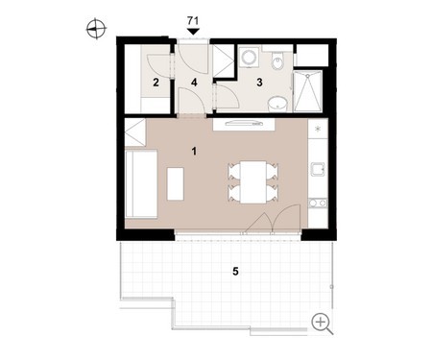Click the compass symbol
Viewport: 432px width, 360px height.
[x=96, y=29]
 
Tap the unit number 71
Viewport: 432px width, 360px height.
[x=193, y=21]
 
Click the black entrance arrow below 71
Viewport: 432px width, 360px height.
[x=193, y=32]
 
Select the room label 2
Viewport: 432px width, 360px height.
[x=156, y=83]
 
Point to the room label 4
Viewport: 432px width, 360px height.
[x=194, y=83]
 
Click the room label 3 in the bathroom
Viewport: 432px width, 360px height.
[x=259, y=83]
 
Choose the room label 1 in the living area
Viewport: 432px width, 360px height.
[x=194, y=151]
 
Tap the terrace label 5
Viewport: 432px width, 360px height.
[x=235, y=272]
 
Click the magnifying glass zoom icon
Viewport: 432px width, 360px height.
[x=322, y=324]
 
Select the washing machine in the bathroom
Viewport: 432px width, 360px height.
[x=250, y=58]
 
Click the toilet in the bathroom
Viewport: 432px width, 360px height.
[x=277, y=60]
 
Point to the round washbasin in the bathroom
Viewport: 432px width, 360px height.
[x=277, y=105]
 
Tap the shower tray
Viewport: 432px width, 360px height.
[x=307, y=91]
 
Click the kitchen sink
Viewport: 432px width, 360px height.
[x=318, y=169]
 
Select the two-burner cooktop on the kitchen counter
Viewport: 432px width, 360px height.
[x=318, y=203]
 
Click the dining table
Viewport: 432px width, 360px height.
[x=253, y=182]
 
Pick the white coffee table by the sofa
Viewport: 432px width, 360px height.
[x=176, y=184]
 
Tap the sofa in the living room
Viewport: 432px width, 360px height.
[x=141, y=183]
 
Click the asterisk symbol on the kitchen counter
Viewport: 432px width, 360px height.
[x=318, y=129]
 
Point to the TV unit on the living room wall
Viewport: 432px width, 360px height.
[x=244, y=124]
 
